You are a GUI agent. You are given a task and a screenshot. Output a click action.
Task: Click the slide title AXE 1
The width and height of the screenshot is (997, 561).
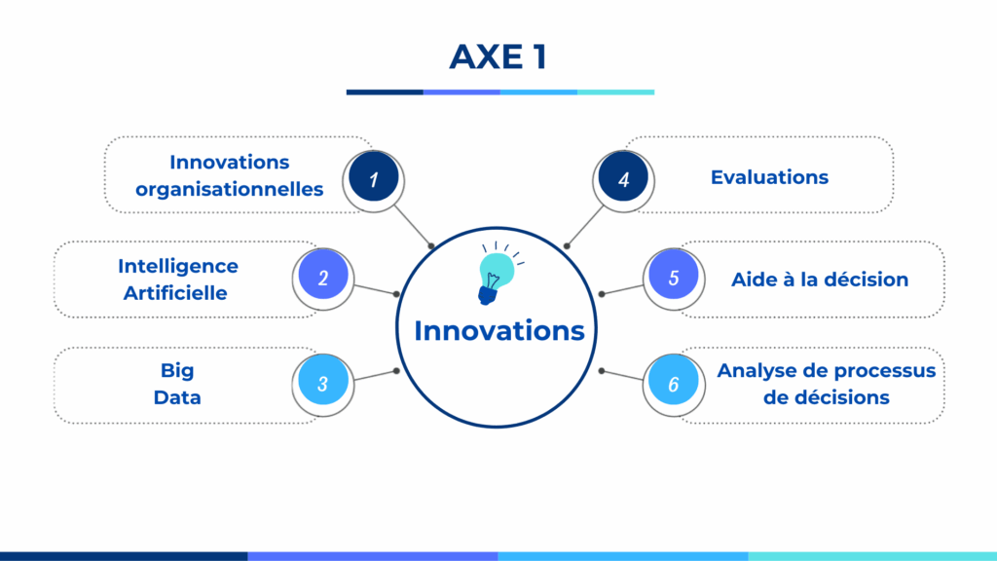click(x=498, y=56)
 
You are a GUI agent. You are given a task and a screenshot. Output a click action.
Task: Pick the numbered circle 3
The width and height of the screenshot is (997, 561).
click(x=323, y=382)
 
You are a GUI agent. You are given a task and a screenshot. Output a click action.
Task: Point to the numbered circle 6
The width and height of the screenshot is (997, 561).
click(x=674, y=382)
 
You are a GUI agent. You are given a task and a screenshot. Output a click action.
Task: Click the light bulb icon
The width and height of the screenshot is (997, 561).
click(x=499, y=274)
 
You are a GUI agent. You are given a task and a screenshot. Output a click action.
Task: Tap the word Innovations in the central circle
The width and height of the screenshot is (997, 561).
click(x=499, y=331)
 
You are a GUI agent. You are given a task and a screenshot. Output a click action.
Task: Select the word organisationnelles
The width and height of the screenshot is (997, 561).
click(x=230, y=190)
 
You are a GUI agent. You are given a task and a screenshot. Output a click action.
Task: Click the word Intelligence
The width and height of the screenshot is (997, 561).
click(x=178, y=267)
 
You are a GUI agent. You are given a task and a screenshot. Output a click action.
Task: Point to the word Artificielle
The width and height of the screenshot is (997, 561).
click(x=175, y=293)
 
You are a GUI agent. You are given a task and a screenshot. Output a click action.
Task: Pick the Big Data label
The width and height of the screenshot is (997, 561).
click(x=177, y=384)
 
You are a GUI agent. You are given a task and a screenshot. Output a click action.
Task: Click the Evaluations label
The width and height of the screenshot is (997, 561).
click(x=769, y=177)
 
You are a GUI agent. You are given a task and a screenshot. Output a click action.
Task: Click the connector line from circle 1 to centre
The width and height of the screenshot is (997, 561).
click(x=413, y=226)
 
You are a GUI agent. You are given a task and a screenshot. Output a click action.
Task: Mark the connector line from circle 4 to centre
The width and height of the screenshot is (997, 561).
click(x=584, y=226)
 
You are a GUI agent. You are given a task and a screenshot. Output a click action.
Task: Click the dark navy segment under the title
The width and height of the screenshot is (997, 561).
click(x=385, y=93)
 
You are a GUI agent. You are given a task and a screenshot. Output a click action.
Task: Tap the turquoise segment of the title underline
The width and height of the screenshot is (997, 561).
click(x=615, y=93)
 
